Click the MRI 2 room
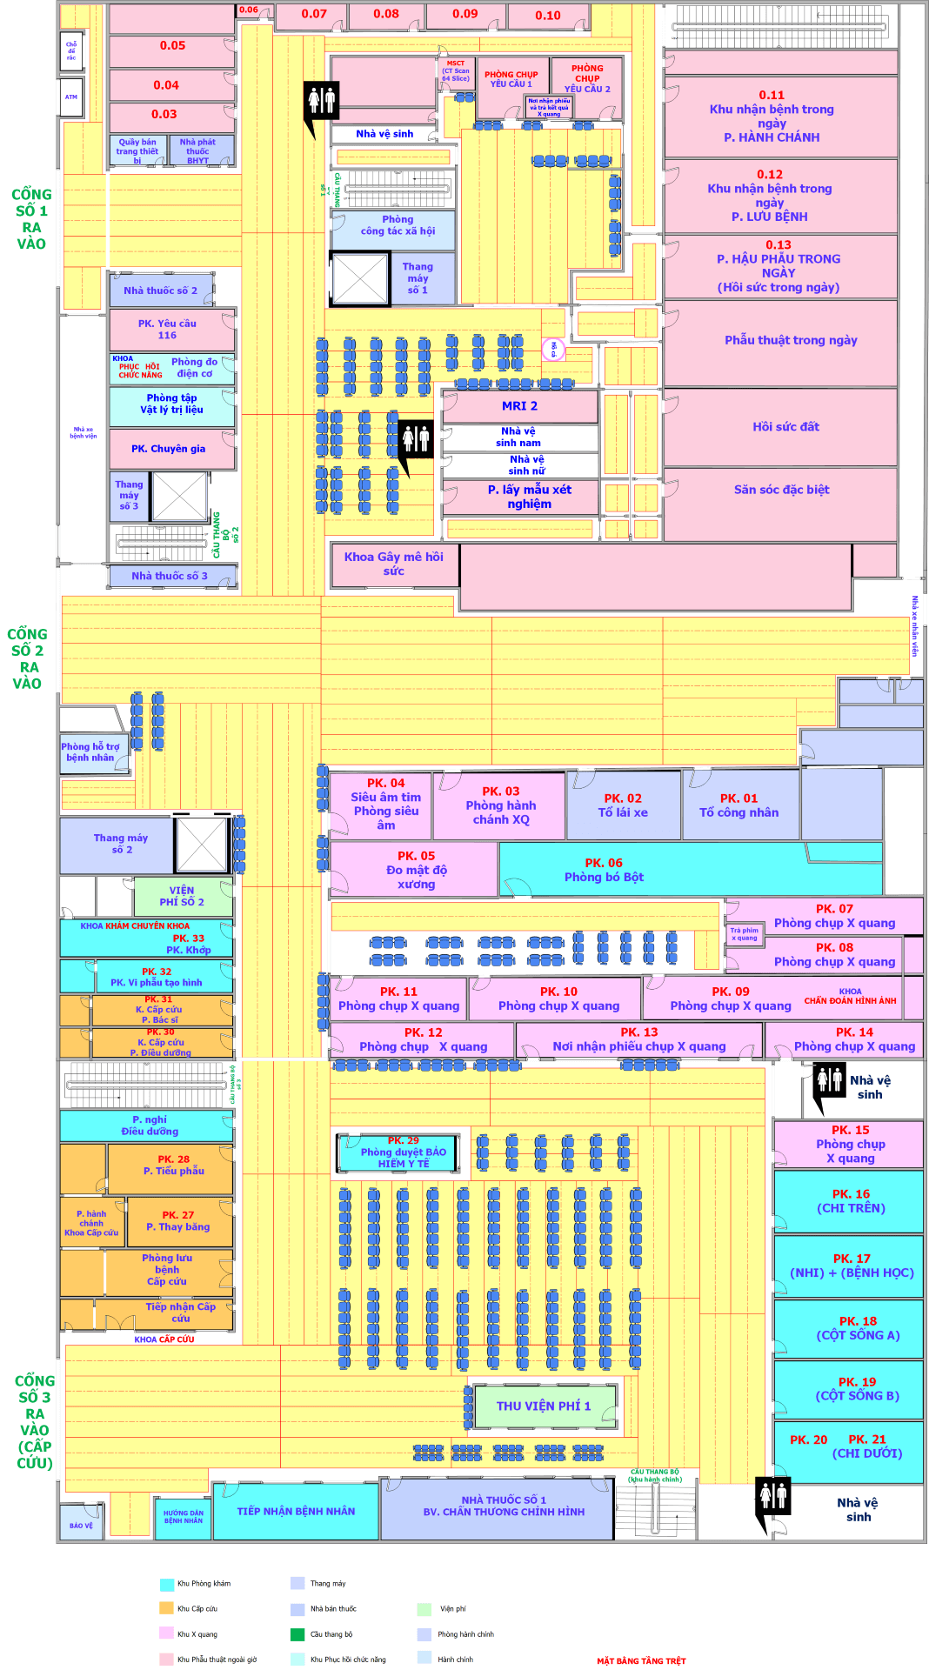tap(519, 406)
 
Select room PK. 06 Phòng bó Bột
tap(604, 870)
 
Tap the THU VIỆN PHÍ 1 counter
tap(544, 1406)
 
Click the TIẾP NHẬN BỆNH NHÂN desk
tap(296, 1511)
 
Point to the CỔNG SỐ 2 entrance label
tap(27, 658)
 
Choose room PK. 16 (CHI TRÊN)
tap(850, 1201)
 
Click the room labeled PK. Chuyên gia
tap(169, 449)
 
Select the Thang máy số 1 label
tap(418, 278)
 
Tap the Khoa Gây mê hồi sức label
tap(393, 564)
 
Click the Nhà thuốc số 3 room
tap(170, 576)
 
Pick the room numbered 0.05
tap(172, 46)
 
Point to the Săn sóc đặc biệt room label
tap(781, 490)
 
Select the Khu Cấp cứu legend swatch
tap(167, 1608)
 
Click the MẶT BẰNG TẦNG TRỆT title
tap(641, 1660)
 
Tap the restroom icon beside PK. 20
tap(772, 1496)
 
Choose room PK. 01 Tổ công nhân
tap(739, 805)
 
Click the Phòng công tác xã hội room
tap(397, 226)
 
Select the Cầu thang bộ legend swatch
tap(297, 1633)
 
